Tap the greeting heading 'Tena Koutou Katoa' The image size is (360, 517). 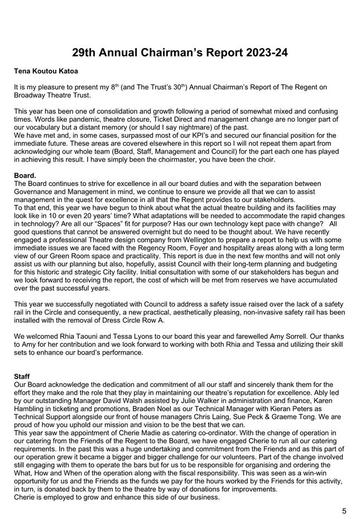point(46,73)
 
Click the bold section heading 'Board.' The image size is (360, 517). point(25,175)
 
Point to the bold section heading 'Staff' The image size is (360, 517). point(22,377)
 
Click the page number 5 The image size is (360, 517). point(344,510)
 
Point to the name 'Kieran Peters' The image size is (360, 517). point(295,408)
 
